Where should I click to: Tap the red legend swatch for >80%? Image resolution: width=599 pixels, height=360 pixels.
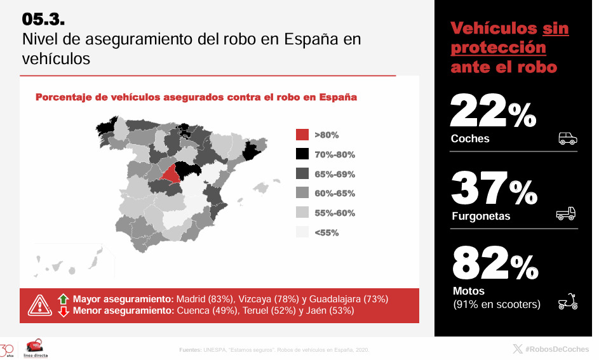[302, 135]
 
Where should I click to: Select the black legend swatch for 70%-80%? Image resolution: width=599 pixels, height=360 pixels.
[302, 154]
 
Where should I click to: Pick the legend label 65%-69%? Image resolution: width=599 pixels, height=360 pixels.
[335, 174]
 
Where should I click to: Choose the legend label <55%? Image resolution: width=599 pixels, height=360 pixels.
[326, 233]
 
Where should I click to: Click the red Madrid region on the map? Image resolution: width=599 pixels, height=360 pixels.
[170, 173]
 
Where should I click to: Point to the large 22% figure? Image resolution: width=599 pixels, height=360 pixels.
[493, 112]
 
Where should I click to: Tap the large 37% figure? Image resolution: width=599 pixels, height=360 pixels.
[494, 189]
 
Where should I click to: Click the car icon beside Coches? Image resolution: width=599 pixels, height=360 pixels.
[567, 138]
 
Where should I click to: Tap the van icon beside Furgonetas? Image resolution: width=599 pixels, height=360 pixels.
[565, 214]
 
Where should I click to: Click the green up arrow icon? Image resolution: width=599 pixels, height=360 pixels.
[63, 298]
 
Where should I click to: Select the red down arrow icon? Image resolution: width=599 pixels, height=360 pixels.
[63, 311]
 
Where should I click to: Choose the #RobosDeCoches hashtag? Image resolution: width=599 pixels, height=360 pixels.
[556, 349]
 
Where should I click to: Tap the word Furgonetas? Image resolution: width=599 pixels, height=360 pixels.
[481, 217]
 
